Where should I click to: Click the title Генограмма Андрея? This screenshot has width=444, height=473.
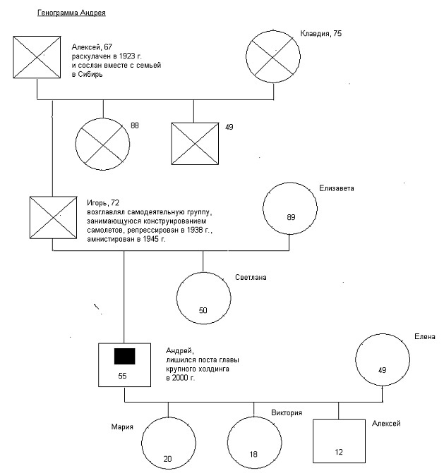(71, 13)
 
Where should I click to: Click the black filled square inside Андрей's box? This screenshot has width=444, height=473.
(124, 356)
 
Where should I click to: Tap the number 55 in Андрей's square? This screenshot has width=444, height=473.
(122, 376)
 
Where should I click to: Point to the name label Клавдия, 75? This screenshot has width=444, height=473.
(320, 34)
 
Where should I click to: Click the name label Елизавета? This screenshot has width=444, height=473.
(337, 188)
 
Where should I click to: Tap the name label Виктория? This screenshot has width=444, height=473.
(287, 412)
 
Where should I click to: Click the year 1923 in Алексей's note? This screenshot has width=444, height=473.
(127, 56)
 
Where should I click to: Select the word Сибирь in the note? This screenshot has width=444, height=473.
(90, 75)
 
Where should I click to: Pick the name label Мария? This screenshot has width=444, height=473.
(122, 427)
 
